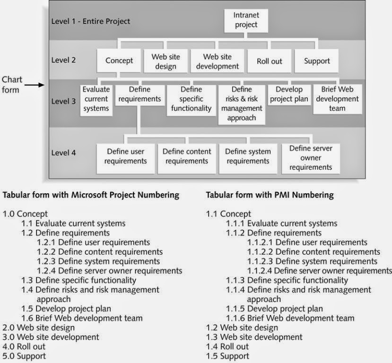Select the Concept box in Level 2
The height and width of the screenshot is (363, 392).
point(119,61)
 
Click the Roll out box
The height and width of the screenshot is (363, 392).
point(270,61)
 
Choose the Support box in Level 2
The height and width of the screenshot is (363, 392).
point(317,61)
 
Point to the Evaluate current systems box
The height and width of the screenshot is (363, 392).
point(96,99)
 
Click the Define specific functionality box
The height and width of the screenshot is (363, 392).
point(191,99)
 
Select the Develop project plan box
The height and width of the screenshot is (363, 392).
point(288,94)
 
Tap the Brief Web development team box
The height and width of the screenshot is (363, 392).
point(337,99)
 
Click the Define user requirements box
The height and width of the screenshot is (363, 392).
point(125,156)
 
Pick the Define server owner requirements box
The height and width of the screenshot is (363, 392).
point(310,157)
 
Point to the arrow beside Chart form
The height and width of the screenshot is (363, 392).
point(35,85)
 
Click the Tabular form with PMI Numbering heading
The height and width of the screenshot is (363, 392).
point(270,195)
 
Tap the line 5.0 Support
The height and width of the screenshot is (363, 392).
point(24,356)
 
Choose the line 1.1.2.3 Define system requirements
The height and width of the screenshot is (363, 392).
point(319,261)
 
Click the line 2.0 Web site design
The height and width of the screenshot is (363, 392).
point(38,328)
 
